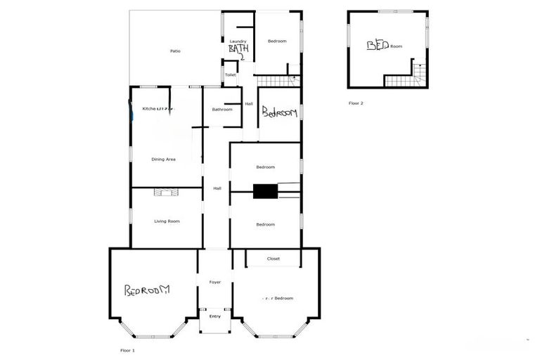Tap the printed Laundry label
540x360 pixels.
tap(238, 41)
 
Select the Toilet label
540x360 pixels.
tap(230, 75)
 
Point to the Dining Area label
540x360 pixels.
tap(163, 160)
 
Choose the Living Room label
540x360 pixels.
tap(167, 221)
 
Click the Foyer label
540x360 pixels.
tap(215, 282)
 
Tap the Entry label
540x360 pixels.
tap(215, 316)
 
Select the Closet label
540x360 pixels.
tap(274, 259)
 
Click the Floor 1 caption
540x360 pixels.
tap(127, 349)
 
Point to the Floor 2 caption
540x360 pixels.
tap(356, 103)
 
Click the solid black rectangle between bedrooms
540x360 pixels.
tap(266, 191)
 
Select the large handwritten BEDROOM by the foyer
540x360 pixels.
tap(148, 290)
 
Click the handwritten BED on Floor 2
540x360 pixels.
tap(378, 45)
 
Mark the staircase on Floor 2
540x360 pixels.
tap(420, 73)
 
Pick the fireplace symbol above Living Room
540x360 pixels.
tap(167, 191)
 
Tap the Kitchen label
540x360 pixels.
tap(149, 109)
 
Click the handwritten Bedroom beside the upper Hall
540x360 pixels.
tap(279, 112)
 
